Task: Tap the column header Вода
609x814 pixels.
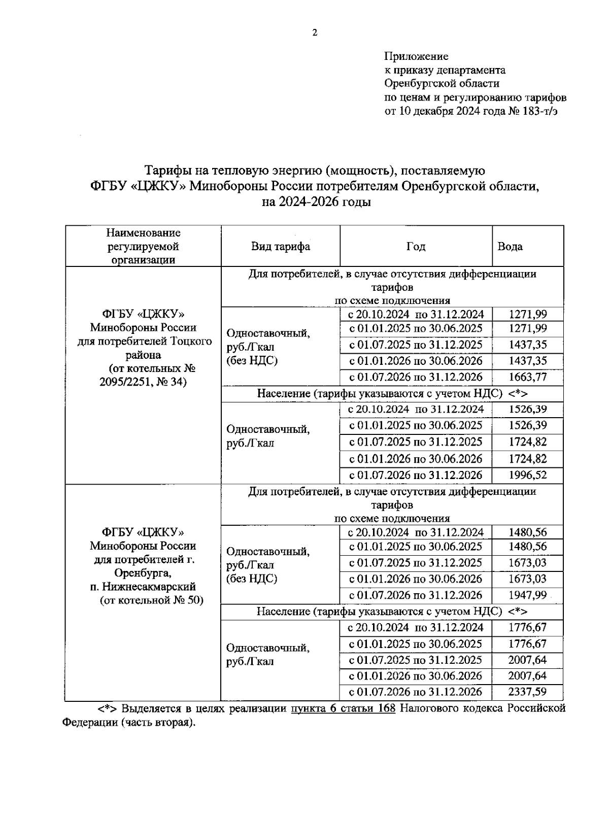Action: (510, 247)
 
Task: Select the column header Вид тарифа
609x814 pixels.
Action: (281, 247)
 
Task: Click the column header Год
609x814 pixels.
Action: (416, 247)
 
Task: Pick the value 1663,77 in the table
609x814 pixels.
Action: (528, 377)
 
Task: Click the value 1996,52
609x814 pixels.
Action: (528, 475)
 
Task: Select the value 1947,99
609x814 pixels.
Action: (528, 595)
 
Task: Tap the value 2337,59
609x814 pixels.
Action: (528, 692)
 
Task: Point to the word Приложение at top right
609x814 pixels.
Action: (416, 56)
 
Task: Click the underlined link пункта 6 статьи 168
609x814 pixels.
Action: (343, 708)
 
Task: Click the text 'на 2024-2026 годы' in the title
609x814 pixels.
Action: (316, 202)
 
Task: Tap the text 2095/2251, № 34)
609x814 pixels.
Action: (143, 382)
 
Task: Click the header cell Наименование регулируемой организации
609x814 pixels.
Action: (143, 247)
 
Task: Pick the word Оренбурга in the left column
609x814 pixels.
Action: (143, 573)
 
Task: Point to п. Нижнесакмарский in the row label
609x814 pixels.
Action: (143, 587)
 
